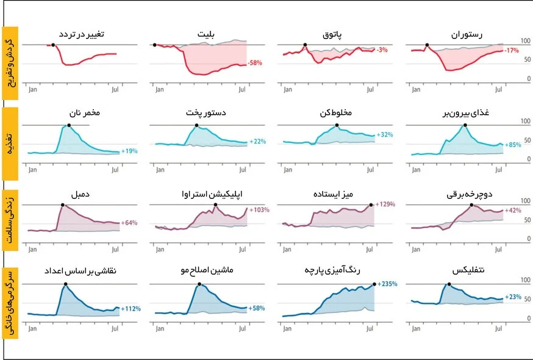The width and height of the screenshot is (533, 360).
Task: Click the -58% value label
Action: (255, 63)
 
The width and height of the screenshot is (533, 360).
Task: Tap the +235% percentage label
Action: (388, 284)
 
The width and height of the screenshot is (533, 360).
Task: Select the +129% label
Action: (385, 204)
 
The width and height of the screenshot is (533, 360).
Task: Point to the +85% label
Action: (514, 145)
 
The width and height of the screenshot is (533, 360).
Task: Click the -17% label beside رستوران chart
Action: (512, 50)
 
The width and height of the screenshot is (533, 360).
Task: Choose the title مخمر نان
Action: (81, 113)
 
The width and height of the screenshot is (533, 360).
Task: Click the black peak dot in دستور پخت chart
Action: (196, 125)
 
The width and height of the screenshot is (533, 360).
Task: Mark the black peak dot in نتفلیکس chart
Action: (449, 284)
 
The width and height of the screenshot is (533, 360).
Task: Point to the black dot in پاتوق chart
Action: (305, 45)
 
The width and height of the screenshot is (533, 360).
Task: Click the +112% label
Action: (131, 309)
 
